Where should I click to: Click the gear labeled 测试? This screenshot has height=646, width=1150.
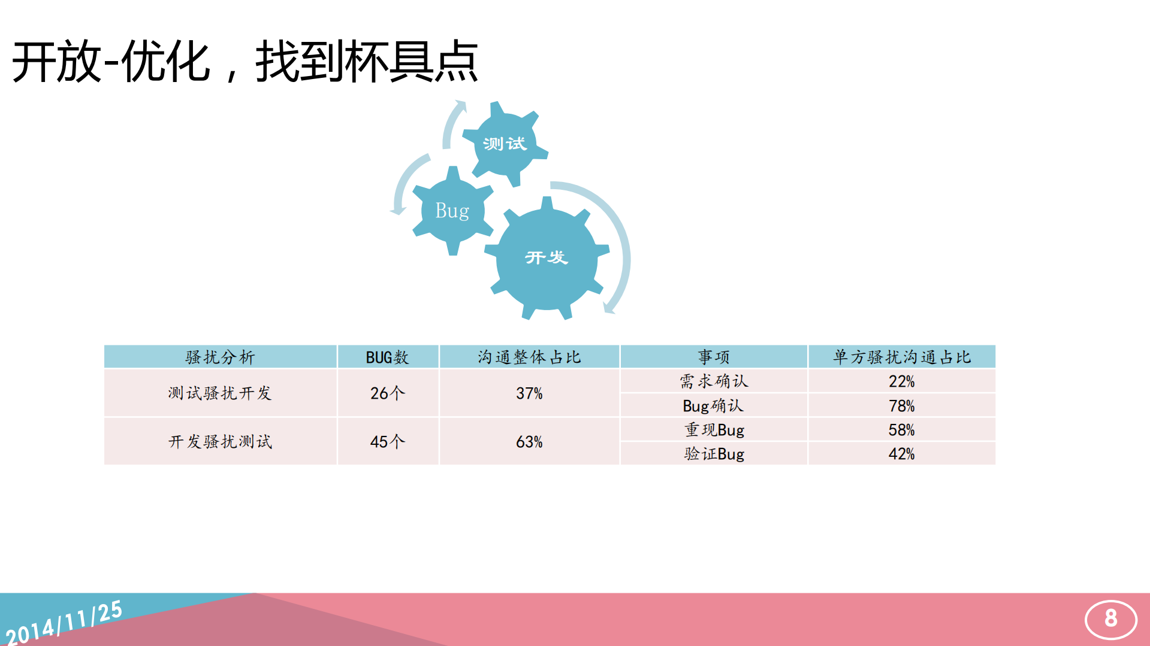point(505,144)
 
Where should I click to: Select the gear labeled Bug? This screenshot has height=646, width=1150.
point(452,211)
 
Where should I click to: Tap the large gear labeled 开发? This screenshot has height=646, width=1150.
point(546,257)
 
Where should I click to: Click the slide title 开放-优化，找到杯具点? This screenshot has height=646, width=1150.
point(245,62)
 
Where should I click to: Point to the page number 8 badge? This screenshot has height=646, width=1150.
point(1110,618)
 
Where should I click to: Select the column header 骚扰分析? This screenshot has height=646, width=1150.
point(220,357)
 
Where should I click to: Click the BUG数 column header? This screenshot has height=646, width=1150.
point(387,357)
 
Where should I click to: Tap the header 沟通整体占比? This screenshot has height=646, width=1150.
point(529,357)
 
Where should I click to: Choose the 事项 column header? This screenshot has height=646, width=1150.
point(713,357)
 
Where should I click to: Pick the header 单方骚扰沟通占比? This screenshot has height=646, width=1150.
point(901,357)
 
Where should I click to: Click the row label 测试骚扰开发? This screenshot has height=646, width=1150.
point(220,393)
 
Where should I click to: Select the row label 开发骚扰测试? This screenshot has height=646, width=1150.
point(220,441)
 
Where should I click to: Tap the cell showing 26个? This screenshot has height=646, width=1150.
point(387,393)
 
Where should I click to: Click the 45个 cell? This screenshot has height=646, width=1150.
point(387,441)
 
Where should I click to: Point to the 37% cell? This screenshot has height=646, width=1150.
point(529,393)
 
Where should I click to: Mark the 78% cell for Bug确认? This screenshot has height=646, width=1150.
point(901,405)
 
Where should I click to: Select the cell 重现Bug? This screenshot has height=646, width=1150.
point(714,429)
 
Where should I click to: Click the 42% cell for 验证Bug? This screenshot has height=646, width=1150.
point(901,453)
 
